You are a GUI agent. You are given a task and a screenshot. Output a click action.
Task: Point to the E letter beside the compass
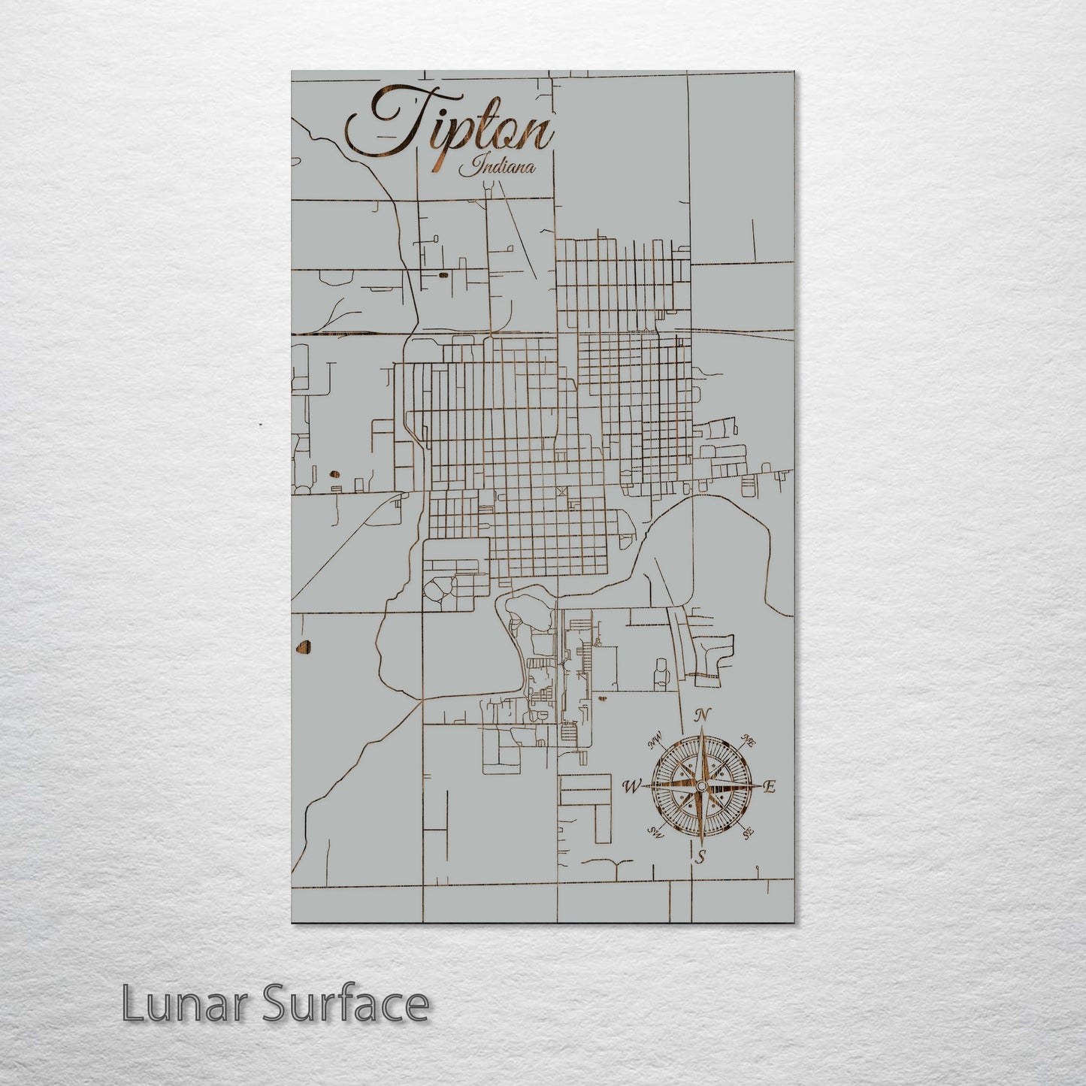pos(769,787)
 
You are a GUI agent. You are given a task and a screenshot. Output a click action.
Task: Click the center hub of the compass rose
pos(700,786)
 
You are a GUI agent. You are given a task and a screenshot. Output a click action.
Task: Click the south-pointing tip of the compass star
pos(700,842)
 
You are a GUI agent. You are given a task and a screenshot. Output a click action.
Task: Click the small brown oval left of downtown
pos(333,474)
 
